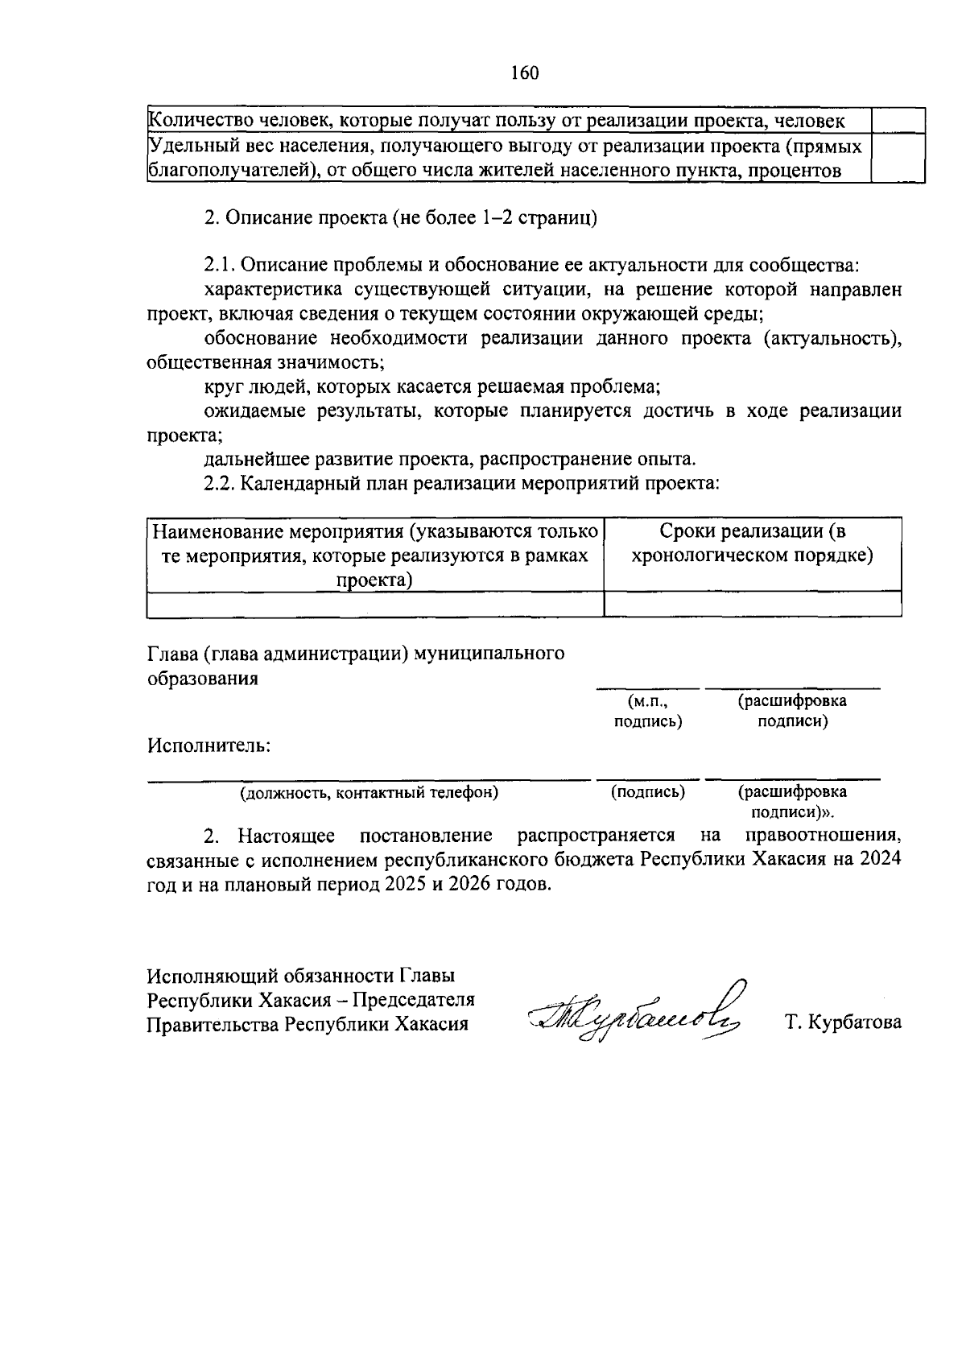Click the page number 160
(525, 73)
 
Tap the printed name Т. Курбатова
(843, 1023)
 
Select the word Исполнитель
(208, 745)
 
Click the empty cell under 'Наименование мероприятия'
(375, 604)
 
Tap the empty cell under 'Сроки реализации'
(752, 604)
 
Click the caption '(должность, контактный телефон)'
(369, 793)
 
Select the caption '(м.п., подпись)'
(647, 712)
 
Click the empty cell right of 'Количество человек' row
(898, 121)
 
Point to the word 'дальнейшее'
(252, 460)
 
